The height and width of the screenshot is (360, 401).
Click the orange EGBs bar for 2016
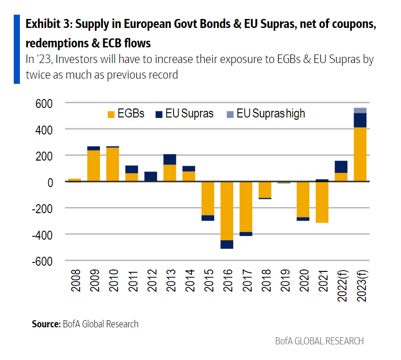(x=227, y=211)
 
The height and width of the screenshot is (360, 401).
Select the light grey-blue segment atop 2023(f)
(x=360, y=110)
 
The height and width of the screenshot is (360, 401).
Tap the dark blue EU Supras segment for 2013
(x=170, y=159)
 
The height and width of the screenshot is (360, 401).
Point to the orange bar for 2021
(x=322, y=202)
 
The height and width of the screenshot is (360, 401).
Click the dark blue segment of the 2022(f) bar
(x=341, y=167)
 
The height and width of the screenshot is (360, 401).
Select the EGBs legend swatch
(x=111, y=114)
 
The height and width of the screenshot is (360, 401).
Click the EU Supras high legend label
(x=271, y=114)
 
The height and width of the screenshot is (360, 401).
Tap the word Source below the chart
(x=46, y=324)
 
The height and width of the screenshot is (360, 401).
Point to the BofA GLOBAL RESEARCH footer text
(x=319, y=341)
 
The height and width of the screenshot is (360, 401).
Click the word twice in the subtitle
(x=37, y=74)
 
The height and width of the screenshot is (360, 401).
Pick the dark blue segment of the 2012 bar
(x=151, y=176)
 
